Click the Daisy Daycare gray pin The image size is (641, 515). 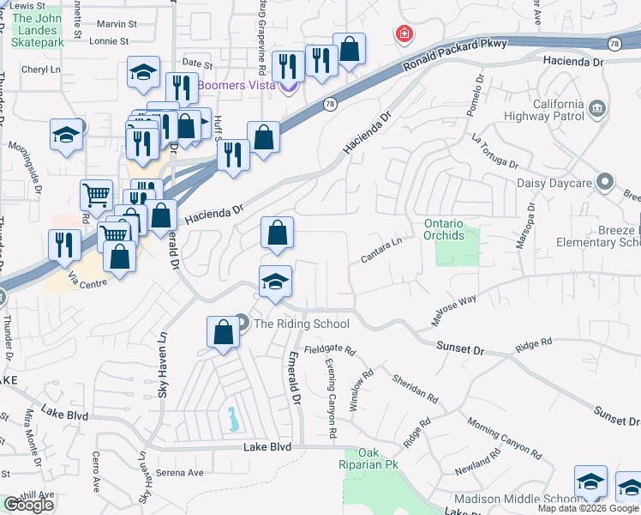click(606, 182)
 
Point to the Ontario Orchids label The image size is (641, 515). click(444, 230)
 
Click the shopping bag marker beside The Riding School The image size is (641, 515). click(223, 333)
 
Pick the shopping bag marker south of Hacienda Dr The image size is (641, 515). click(277, 233)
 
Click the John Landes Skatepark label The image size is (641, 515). click(39, 29)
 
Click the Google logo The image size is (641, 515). click(28, 505)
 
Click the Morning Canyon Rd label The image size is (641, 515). click(505, 438)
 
